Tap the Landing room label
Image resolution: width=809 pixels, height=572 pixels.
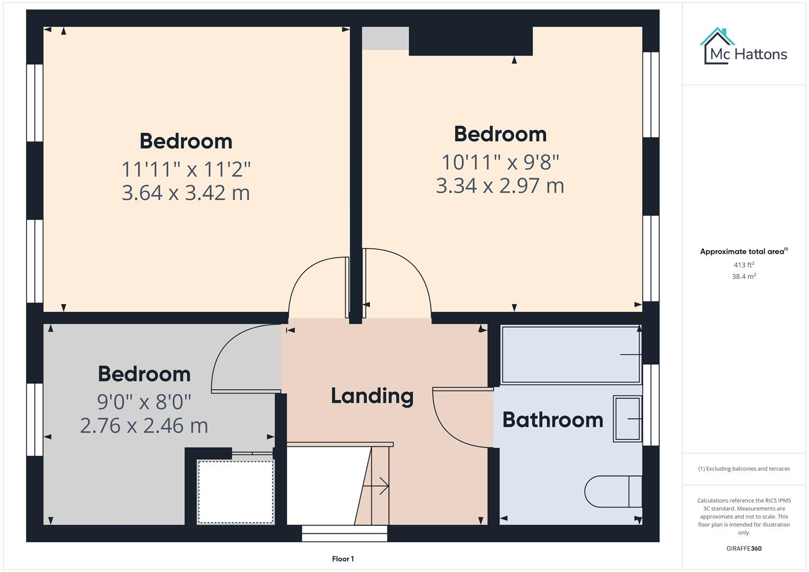372,396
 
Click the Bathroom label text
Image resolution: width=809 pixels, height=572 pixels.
553,419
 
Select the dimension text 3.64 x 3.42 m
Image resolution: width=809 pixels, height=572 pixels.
185,193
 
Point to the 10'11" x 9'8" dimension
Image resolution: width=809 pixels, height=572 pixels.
500,162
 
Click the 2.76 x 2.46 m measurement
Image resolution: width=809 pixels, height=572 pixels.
144,426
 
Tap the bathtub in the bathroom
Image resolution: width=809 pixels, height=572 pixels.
571,354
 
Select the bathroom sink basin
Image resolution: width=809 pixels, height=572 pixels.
627,418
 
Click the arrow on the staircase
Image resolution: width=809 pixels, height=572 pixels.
380,485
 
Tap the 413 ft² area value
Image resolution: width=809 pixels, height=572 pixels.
743,265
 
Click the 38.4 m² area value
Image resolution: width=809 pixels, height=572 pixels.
743,276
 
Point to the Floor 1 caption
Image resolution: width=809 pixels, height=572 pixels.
343,559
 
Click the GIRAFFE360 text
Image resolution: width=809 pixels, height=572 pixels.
743,548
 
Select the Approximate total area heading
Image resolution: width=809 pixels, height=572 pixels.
743,252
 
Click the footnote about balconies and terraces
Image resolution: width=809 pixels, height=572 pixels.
743,469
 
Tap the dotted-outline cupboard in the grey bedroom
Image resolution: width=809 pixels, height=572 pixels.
236,492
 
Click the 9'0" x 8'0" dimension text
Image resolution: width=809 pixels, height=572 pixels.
144,402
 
